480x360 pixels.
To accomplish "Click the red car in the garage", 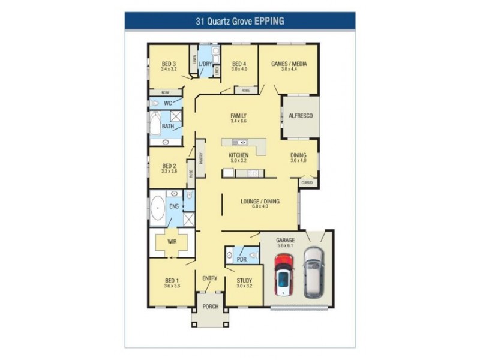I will [x=283, y=274].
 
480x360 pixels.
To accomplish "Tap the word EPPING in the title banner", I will [x=269, y=20].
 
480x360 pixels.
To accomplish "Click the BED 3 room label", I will [x=169, y=64].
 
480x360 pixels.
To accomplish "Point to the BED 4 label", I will [x=239, y=64].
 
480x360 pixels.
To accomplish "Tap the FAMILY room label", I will [x=238, y=116].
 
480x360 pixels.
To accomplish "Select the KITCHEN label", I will [x=238, y=155].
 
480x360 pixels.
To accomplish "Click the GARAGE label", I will [x=285, y=239].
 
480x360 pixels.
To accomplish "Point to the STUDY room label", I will [x=244, y=280].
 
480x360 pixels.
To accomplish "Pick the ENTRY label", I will [x=209, y=278].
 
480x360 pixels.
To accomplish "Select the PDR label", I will [x=241, y=260].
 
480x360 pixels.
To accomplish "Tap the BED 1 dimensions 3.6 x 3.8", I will [x=172, y=286].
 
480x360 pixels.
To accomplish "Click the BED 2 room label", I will [x=169, y=166].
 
